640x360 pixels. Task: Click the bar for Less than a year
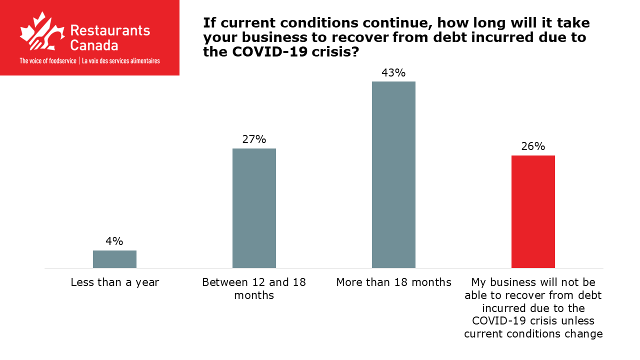point(114,259)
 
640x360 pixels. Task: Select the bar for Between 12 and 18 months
point(254,208)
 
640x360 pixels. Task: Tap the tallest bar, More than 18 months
point(393,174)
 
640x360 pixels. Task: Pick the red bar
point(533,211)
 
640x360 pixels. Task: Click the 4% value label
point(114,241)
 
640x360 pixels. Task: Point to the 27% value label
point(254,139)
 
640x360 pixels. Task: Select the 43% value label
point(393,73)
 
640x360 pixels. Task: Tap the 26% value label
point(533,146)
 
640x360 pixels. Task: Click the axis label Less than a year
point(114,282)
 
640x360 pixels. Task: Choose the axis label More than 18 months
point(393,282)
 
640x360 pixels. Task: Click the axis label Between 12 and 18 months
point(254,288)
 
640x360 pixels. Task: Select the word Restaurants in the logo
point(110,30)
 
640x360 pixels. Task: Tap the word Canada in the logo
point(94,45)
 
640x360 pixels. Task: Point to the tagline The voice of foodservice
point(47,61)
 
